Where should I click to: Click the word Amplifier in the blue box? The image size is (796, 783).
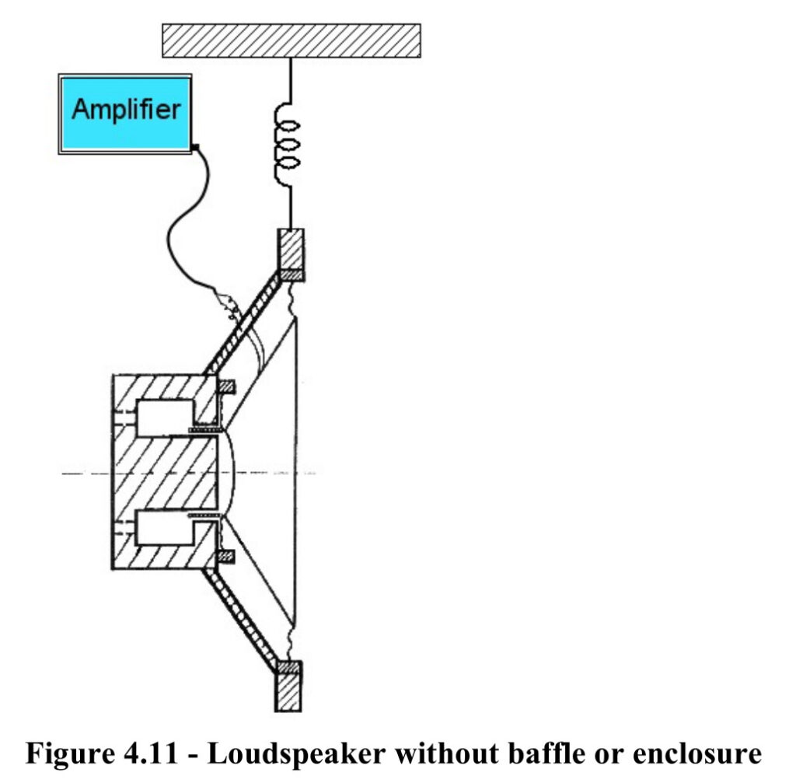click(126, 110)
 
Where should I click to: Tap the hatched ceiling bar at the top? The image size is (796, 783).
click(292, 40)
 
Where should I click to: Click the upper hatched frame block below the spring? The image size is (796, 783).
click(291, 254)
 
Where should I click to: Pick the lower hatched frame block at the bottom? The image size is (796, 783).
click(288, 686)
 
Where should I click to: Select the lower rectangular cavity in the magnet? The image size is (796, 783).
click(165, 528)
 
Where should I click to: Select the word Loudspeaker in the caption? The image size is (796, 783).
click(297, 753)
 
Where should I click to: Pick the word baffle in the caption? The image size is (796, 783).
click(546, 753)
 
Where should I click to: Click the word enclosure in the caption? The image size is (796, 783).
click(697, 753)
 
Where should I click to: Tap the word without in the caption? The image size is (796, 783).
click(448, 753)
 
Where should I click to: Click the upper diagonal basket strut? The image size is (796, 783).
click(242, 324)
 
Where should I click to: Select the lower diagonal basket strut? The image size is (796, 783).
click(242, 617)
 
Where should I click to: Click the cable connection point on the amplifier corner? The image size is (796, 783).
click(195, 148)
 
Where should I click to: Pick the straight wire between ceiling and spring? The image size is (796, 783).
click(291, 81)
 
